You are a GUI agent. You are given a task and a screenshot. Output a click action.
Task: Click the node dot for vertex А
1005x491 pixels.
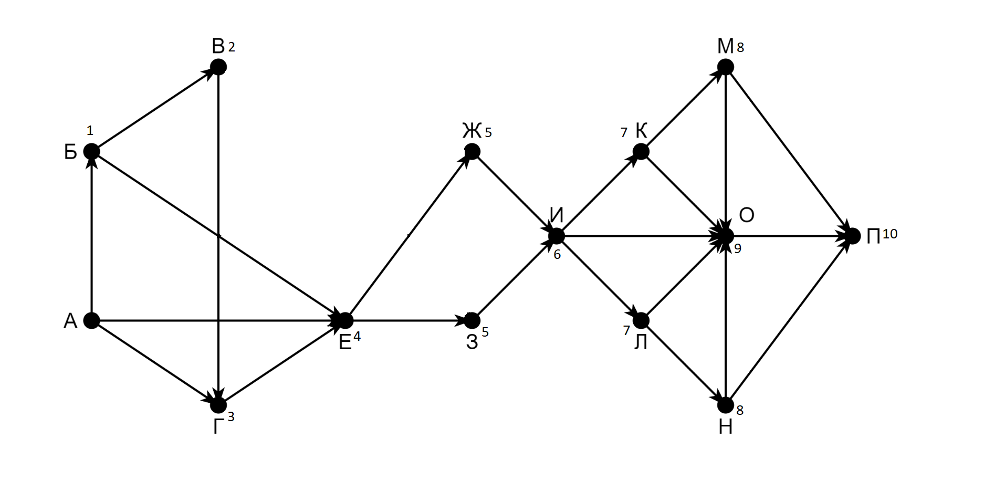click(x=92, y=320)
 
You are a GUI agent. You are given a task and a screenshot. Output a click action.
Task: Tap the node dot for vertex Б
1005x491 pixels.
click(x=92, y=152)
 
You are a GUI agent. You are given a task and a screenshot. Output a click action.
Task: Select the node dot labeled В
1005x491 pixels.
click(x=218, y=67)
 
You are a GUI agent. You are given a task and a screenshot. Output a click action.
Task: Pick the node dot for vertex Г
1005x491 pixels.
click(x=218, y=405)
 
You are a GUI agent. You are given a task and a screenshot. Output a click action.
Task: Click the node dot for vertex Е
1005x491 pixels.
click(x=346, y=320)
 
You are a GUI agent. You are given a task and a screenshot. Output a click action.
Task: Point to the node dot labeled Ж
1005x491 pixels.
click(x=472, y=152)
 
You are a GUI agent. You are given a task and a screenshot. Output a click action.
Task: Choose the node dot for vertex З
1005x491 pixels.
click(x=472, y=320)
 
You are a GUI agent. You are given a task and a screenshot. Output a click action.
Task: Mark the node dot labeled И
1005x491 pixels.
click(x=557, y=236)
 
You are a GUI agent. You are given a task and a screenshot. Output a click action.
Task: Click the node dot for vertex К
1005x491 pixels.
click(x=641, y=152)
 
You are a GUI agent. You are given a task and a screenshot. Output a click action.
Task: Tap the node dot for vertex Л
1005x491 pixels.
click(x=641, y=320)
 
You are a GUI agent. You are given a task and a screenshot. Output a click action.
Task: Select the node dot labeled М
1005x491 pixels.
click(x=726, y=67)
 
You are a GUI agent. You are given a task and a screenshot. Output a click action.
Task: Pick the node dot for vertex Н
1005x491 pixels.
click(x=726, y=405)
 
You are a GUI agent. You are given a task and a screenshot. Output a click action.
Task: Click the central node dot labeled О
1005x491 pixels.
click(x=726, y=236)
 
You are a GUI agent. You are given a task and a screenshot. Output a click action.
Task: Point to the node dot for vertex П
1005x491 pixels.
click(x=853, y=236)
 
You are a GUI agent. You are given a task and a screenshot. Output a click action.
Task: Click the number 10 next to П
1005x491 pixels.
click(x=889, y=234)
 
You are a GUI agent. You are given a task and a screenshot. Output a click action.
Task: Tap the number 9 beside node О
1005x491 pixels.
click(x=738, y=249)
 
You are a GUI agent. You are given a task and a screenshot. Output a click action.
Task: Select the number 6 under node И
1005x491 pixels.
click(x=557, y=255)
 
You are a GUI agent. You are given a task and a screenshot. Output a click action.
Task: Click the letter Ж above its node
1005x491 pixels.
click(x=472, y=131)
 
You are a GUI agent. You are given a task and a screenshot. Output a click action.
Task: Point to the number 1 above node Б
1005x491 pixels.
click(x=90, y=130)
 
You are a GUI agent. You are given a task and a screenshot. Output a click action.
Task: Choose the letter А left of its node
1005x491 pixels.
click(x=70, y=321)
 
